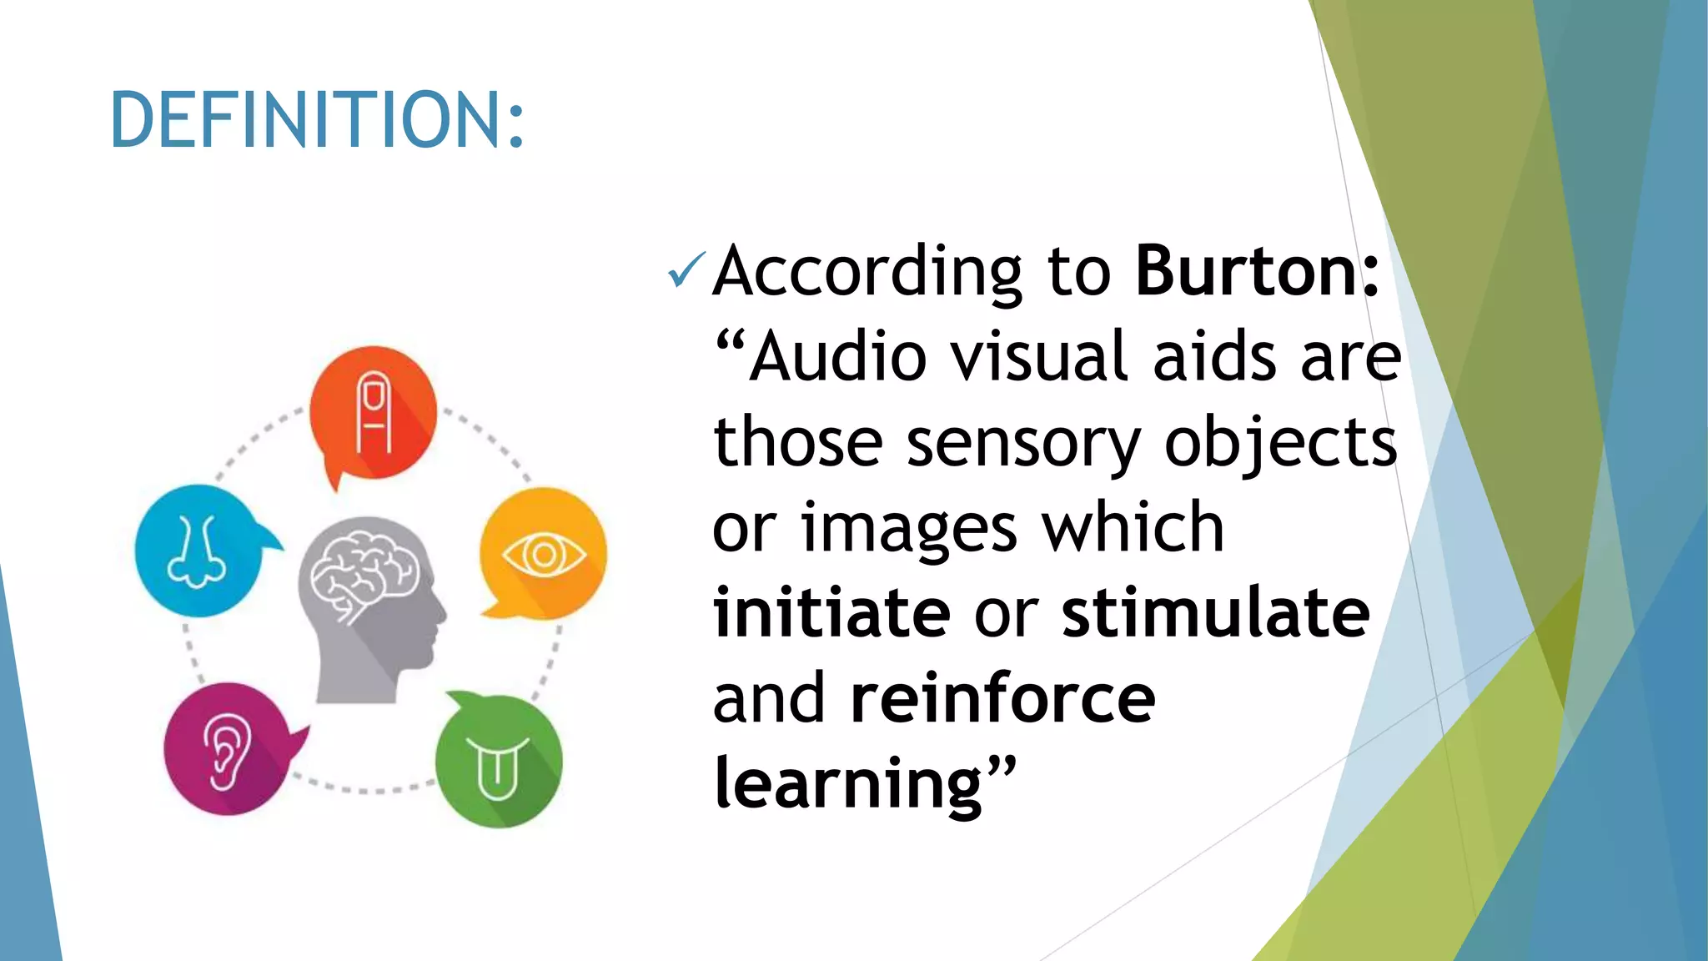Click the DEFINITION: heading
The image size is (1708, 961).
[x=317, y=120]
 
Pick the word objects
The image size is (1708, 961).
[x=1280, y=443]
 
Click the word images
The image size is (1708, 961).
[x=909, y=530]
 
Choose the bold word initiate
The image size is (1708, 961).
[x=831, y=613]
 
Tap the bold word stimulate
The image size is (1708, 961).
[x=1215, y=613]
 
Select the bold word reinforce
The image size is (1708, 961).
[x=1002, y=699]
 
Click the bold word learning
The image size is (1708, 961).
[x=848, y=784]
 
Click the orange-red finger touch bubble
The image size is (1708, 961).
[x=373, y=413]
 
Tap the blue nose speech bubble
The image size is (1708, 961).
[x=199, y=551]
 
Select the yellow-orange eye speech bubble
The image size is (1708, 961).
[x=543, y=554]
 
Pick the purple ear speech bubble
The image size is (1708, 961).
[x=228, y=748]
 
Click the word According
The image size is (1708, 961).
[x=867, y=272]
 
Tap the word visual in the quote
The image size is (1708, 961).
[x=1039, y=357]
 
